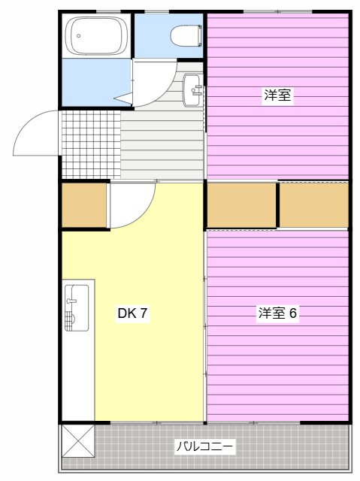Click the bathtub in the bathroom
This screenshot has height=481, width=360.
pyautogui.click(x=97, y=35)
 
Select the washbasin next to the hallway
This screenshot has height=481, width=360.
pyautogui.click(x=193, y=92)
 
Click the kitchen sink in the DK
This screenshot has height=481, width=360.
pyautogui.click(x=77, y=307)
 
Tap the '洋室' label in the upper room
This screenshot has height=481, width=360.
pyautogui.click(x=277, y=95)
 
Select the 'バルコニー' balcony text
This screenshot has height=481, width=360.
pyautogui.click(x=204, y=446)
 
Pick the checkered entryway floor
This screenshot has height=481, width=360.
pyautogui.click(x=90, y=144)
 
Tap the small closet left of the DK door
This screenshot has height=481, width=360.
pyautogui.click(x=83, y=205)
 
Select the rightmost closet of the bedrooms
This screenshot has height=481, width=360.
pyautogui.click(x=314, y=204)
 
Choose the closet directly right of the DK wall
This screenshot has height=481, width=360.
pyautogui.click(x=241, y=204)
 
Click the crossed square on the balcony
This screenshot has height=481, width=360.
pyautogui.click(x=78, y=440)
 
